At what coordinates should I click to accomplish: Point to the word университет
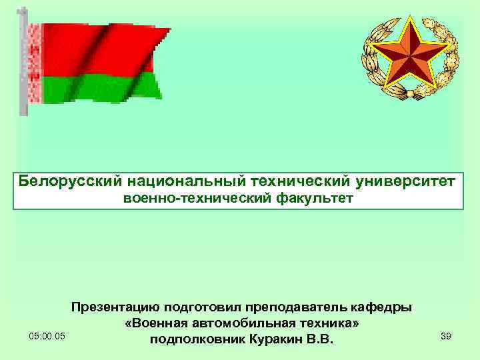point(407,181)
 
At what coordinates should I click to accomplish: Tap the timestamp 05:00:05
point(47,337)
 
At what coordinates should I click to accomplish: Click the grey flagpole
point(23,67)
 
